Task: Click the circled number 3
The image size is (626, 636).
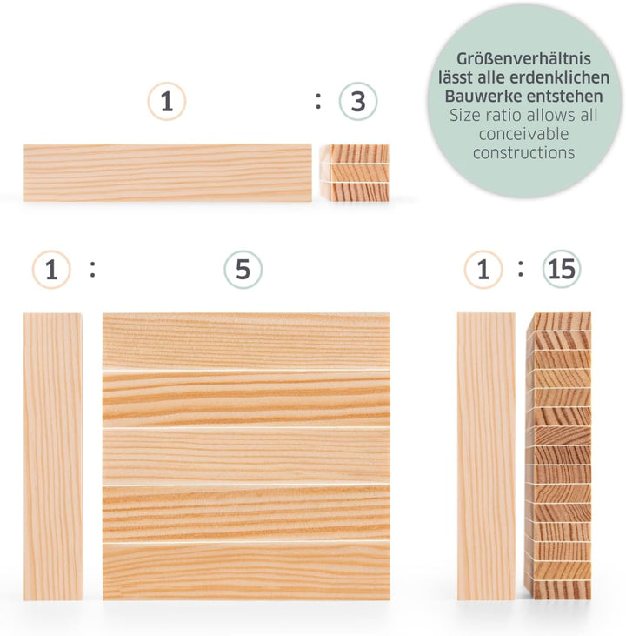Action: tap(357, 103)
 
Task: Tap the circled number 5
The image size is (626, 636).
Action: tap(243, 271)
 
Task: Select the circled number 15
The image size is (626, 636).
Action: tap(563, 271)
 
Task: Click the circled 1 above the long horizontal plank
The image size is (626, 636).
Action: tap(166, 103)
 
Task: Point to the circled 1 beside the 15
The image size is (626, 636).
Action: tap(483, 271)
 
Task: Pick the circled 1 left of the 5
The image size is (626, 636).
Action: tap(51, 271)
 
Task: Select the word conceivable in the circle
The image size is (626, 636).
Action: tap(523, 134)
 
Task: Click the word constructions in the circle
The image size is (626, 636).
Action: tap(523, 153)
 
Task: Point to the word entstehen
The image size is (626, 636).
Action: tap(561, 97)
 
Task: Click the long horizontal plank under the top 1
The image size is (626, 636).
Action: tap(166, 172)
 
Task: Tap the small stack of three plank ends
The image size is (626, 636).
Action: tap(354, 172)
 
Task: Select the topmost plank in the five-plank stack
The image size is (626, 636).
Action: tap(246, 341)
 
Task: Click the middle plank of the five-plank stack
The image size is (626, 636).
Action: tap(246, 455)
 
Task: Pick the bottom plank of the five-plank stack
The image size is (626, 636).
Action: tap(246, 571)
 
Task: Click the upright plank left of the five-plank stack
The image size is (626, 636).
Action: tap(53, 456)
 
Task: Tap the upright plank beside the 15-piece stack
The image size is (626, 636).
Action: tap(486, 456)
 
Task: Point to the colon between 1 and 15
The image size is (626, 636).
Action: tap(521, 270)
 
